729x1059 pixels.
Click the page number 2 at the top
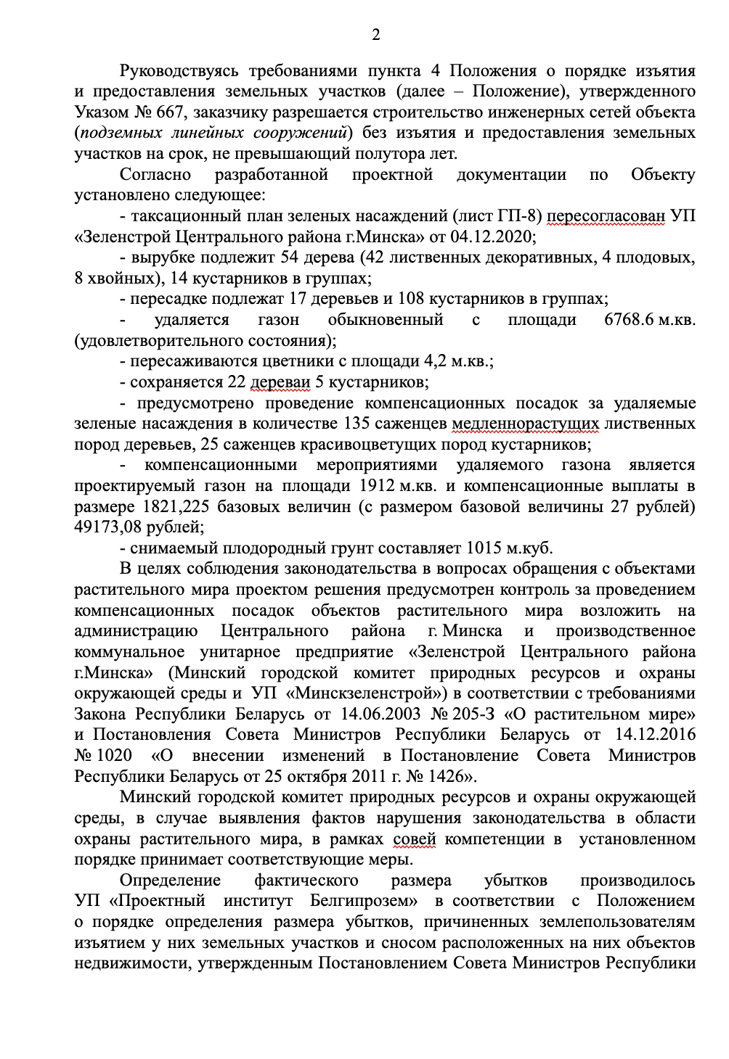375,34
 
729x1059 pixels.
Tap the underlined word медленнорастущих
525,424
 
